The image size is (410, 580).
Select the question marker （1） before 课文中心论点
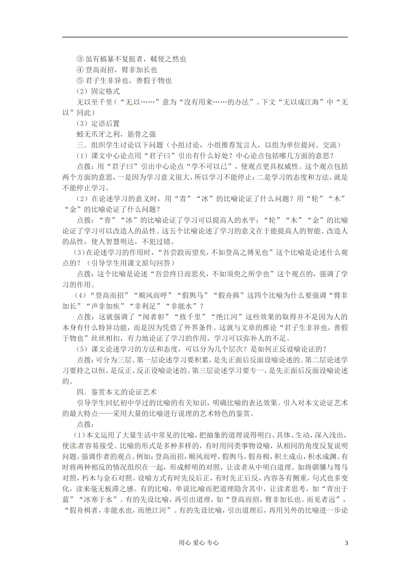tap(82, 155)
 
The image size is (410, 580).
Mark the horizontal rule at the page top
tap(205, 37)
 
